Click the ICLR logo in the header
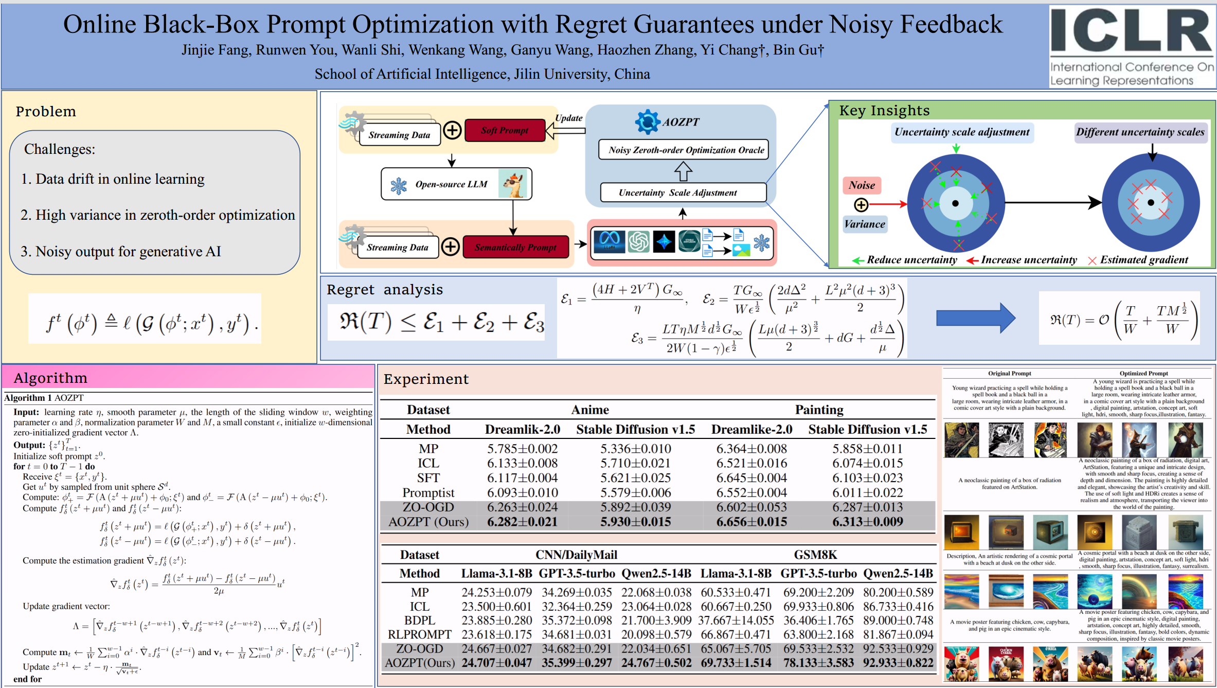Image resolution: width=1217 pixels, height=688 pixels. click(1132, 46)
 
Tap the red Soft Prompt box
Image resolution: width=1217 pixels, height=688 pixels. click(505, 130)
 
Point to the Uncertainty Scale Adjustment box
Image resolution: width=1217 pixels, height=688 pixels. click(683, 192)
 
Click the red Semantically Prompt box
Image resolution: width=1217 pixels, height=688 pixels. click(515, 247)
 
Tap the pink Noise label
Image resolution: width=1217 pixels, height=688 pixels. click(862, 185)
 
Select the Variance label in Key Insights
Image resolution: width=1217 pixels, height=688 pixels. click(865, 224)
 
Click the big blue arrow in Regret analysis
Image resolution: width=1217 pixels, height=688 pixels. click(975, 318)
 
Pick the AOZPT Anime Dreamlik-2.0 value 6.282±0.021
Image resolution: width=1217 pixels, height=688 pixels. click(522, 522)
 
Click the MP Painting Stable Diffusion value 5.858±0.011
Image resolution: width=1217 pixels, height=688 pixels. click(867, 449)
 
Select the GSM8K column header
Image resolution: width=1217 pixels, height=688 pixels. click(815, 555)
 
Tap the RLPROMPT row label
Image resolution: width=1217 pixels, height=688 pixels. click(419, 634)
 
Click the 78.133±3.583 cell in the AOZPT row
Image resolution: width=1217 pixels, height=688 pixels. click(818, 663)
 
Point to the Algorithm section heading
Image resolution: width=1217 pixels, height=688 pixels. click(50, 378)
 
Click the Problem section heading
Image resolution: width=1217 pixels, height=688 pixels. click(46, 112)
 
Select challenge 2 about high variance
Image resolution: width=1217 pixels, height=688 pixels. click(157, 215)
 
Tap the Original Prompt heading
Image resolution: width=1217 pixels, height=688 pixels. click(1009, 374)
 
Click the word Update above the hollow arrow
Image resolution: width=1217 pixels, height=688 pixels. click(568, 118)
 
